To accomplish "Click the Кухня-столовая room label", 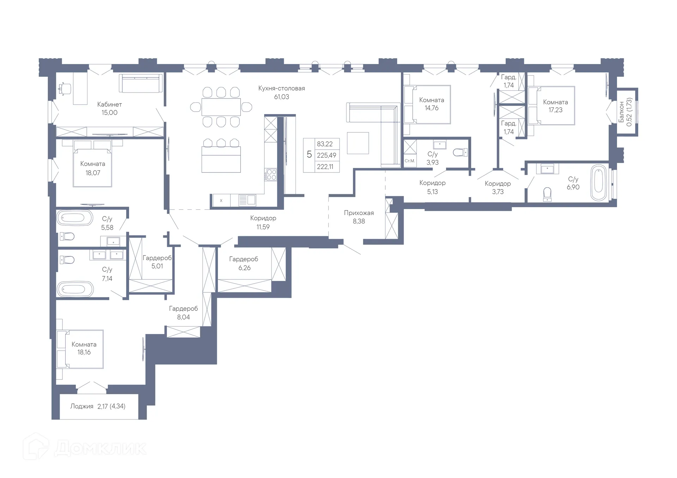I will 281,88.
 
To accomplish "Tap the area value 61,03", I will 281,97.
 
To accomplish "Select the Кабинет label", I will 109,104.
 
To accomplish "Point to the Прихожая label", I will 359,213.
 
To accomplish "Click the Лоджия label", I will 81,406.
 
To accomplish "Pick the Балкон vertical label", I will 621,112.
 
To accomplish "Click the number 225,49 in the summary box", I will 326,155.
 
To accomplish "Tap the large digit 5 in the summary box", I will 309,155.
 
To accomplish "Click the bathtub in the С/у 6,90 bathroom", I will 598,182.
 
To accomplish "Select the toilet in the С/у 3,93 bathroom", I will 460,152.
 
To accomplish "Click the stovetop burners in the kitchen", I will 271,175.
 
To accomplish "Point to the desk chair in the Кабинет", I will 64,88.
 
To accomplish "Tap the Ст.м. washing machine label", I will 409,161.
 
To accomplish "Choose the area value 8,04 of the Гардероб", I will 183,317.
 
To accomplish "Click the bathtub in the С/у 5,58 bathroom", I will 75,218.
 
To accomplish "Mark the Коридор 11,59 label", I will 263,218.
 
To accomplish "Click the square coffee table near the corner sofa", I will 358,143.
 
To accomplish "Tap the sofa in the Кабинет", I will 141,83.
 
